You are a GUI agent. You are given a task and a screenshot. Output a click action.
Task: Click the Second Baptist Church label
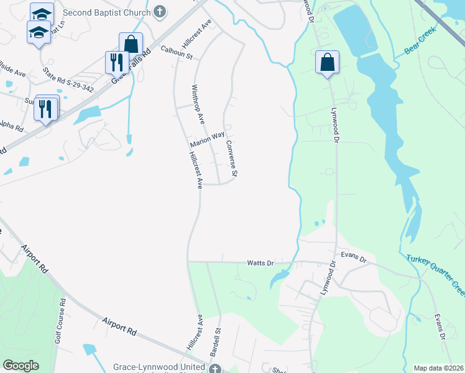[106, 12]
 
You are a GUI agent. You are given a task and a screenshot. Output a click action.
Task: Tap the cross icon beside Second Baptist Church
[160, 12]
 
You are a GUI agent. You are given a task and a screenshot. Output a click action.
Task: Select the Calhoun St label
[177, 52]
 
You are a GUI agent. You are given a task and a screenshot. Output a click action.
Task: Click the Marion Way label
[207, 140]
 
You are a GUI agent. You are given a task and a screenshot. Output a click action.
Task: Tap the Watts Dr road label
[261, 263]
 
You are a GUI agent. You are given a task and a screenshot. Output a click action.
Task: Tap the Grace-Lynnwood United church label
[159, 367]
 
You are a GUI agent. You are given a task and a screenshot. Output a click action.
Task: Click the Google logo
[20, 366]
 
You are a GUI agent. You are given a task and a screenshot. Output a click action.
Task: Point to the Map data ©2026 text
[439, 368]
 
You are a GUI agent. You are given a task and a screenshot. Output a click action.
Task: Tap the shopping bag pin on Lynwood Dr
[327, 62]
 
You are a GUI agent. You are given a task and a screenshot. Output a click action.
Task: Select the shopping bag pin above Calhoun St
[131, 44]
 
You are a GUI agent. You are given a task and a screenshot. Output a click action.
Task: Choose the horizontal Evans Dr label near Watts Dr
[354, 255]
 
